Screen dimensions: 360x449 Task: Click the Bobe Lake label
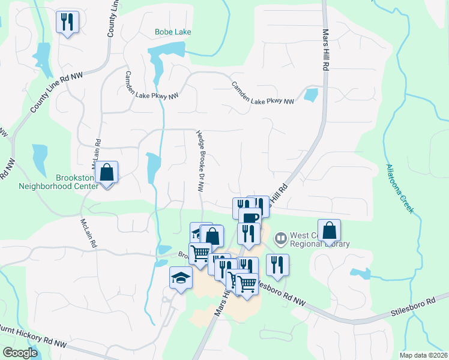[172, 32]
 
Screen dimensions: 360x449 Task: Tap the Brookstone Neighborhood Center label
[76, 182]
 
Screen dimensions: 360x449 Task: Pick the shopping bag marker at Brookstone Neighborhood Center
[107, 172]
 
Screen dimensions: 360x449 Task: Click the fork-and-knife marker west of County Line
[67, 22]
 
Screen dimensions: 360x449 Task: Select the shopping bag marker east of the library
[330, 230]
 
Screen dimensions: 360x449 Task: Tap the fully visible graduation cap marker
[181, 278]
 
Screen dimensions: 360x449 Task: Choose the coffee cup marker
[249, 218]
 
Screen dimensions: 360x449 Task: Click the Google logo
[20, 352]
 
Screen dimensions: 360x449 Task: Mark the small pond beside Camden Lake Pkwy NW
[311, 94]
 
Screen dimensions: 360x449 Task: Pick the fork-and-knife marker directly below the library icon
[277, 264]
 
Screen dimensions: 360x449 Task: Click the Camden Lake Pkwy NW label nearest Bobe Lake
[152, 85]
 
